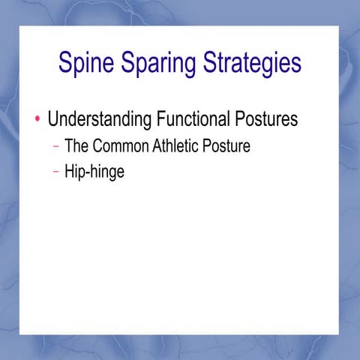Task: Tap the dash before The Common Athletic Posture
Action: tap(57, 145)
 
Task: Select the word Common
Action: tap(121, 145)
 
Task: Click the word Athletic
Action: tap(178, 145)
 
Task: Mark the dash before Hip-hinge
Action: tap(57, 171)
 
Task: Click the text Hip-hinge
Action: tap(94, 172)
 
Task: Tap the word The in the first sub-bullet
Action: tap(77, 145)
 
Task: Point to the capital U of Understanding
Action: tap(53, 119)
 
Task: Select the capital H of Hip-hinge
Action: tap(70, 171)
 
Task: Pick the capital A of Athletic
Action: tap(157, 145)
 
